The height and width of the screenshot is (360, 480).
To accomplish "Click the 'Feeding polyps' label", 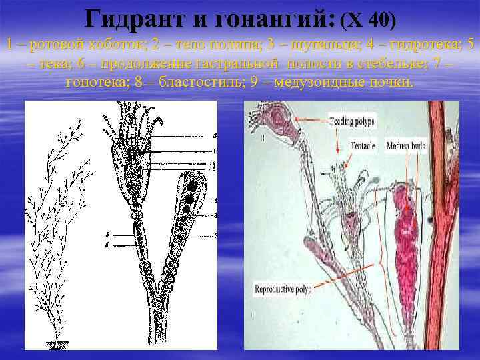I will point(353,122).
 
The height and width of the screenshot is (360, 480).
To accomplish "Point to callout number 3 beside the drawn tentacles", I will point(213,135).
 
